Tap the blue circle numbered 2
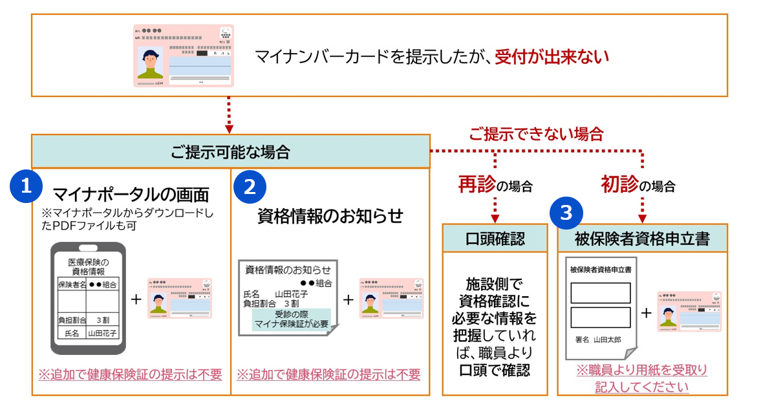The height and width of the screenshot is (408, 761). pyautogui.click(x=250, y=186)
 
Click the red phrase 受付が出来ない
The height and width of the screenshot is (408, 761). pyautogui.click(x=552, y=58)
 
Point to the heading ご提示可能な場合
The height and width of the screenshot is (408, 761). pyautogui.click(x=230, y=153)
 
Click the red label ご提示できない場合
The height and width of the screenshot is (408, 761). pyautogui.click(x=536, y=134)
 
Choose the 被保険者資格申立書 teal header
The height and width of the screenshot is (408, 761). pyautogui.click(x=642, y=239)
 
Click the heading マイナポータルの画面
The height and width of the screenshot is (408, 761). pyautogui.click(x=131, y=193)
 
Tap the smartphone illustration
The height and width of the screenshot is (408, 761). pyautogui.click(x=88, y=298)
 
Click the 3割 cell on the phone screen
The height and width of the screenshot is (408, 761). pyautogui.click(x=102, y=319)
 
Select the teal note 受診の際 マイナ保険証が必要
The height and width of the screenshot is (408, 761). pyautogui.click(x=292, y=318)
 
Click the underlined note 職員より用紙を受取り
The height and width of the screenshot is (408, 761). pyautogui.click(x=641, y=370)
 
